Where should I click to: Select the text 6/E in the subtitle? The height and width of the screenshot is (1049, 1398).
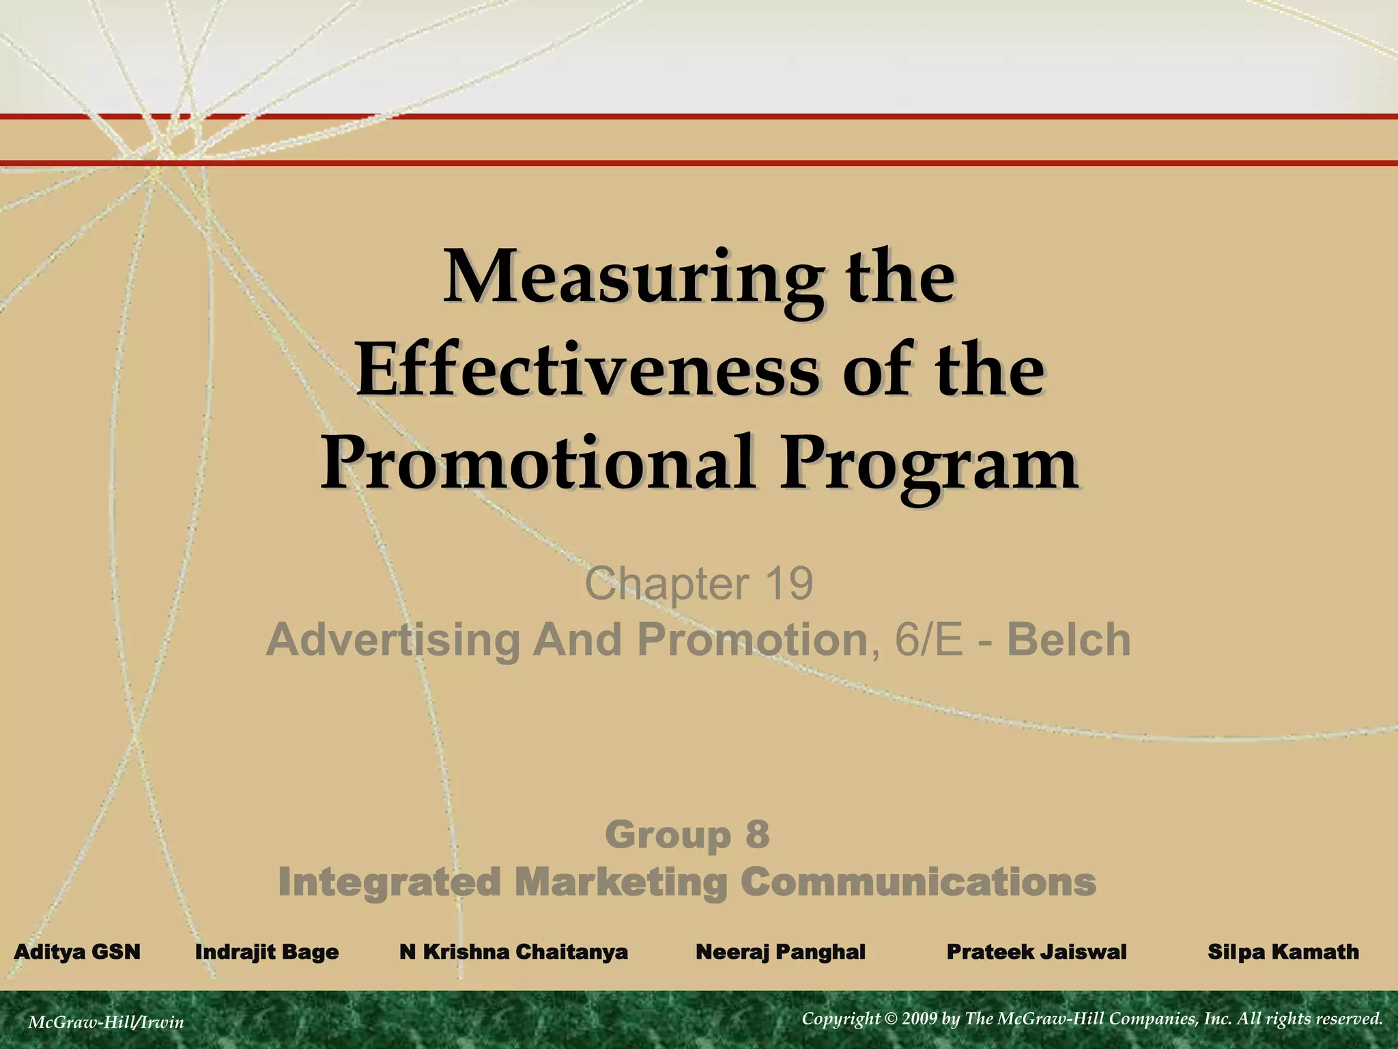pyautogui.click(x=929, y=640)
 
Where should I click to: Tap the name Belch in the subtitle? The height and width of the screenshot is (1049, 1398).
pyautogui.click(x=1069, y=640)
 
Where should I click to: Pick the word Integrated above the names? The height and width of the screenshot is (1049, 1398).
pyautogui.click(x=390, y=882)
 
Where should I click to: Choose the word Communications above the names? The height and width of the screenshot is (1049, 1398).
pyautogui.click(x=918, y=882)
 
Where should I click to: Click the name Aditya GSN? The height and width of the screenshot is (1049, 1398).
pyautogui.click(x=77, y=951)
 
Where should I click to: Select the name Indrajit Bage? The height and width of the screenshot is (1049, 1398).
pyautogui.click(x=267, y=951)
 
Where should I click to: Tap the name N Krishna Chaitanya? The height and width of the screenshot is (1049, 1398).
pyautogui.click(x=513, y=951)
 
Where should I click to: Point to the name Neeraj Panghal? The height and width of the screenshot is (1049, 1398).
pyautogui.click(x=780, y=951)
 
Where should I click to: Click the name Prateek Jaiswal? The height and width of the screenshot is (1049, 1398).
pyautogui.click(x=1036, y=951)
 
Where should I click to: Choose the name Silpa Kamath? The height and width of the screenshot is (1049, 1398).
pyautogui.click(x=1283, y=951)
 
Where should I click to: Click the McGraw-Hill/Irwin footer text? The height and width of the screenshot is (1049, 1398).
pyautogui.click(x=106, y=1022)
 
